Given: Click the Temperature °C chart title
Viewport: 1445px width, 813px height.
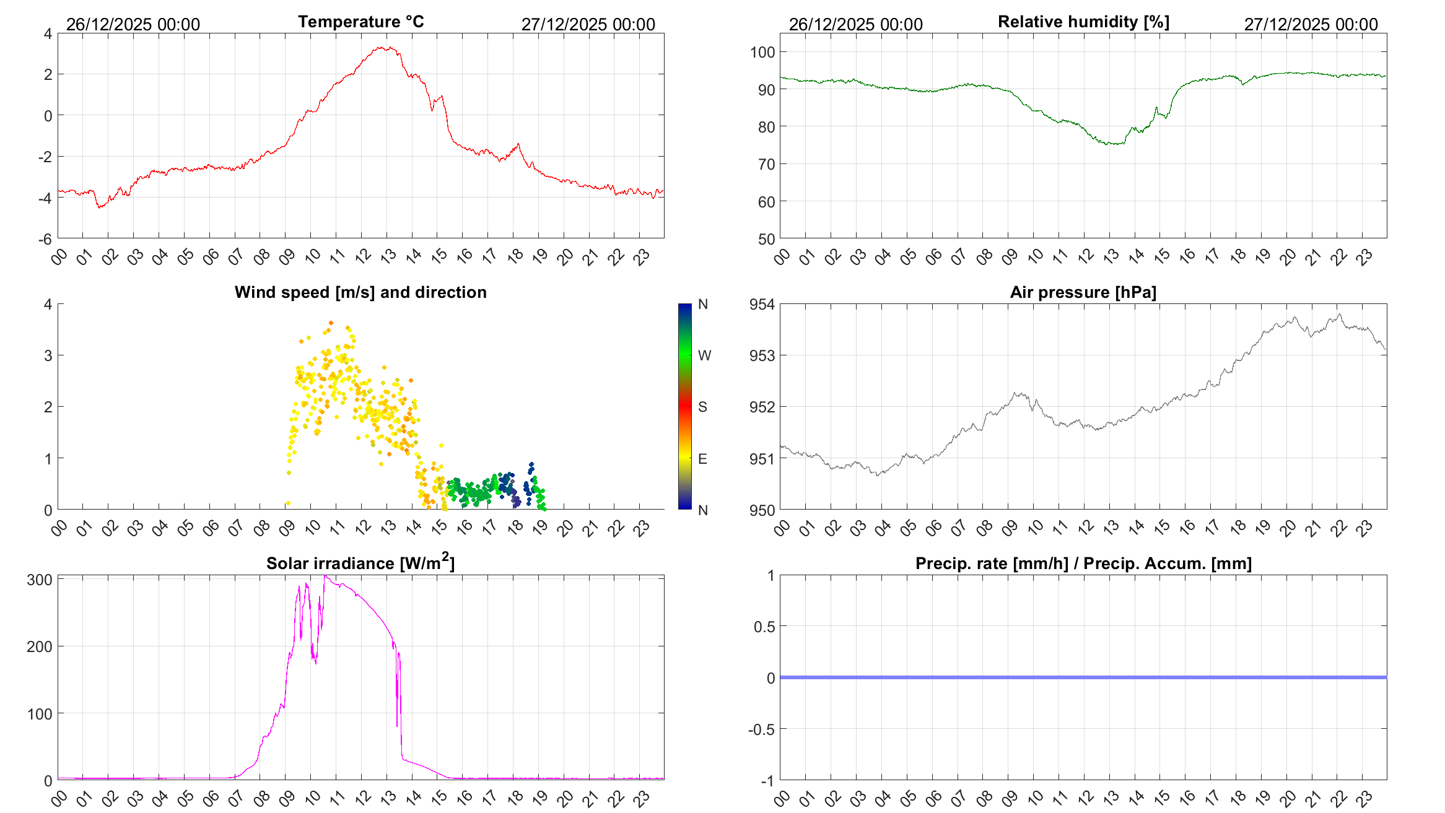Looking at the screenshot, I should (x=360, y=22).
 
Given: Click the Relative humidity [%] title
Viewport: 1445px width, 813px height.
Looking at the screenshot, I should (x=1083, y=22).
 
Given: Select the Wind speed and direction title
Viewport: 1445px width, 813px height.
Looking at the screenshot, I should (x=360, y=292).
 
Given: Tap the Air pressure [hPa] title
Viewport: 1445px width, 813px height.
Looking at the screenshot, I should (x=1083, y=292).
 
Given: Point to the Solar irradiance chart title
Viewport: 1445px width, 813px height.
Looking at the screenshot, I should (x=360, y=563).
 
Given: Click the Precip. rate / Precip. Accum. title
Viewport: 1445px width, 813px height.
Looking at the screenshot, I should (x=1083, y=563).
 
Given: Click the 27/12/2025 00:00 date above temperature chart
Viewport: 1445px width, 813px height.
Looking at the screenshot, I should (x=588, y=24).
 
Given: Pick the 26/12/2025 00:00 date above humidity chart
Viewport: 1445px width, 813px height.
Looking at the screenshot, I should (x=855, y=24).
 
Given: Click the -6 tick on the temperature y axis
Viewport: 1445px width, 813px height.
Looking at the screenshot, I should (x=45, y=239).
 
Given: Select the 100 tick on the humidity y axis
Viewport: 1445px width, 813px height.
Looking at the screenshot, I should (x=762, y=52).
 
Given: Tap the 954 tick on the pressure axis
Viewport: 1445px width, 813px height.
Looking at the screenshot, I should (x=762, y=304).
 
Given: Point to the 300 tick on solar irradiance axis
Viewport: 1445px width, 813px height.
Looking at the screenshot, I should (x=40, y=580).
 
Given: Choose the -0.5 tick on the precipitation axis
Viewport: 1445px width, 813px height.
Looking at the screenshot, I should (x=762, y=729).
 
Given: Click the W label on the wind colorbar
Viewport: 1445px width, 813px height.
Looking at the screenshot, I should (x=704, y=355).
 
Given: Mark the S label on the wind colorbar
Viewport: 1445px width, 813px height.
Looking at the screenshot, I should (x=702, y=407).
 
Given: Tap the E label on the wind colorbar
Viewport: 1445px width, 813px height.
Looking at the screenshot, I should (x=702, y=459).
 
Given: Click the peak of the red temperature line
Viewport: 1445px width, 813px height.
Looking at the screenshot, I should (x=387, y=47).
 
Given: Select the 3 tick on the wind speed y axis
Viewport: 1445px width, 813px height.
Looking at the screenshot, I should (x=48, y=355).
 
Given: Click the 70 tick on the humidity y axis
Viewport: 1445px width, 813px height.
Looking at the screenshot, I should (x=766, y=164).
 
